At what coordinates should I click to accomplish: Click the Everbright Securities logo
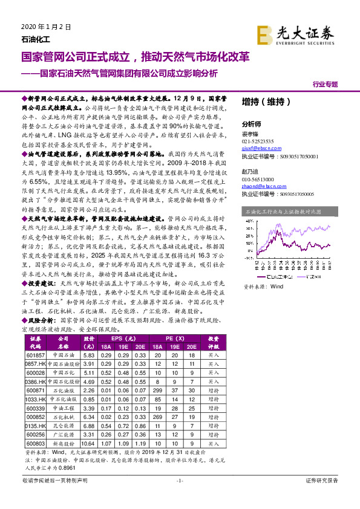[x=295, y=34]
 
